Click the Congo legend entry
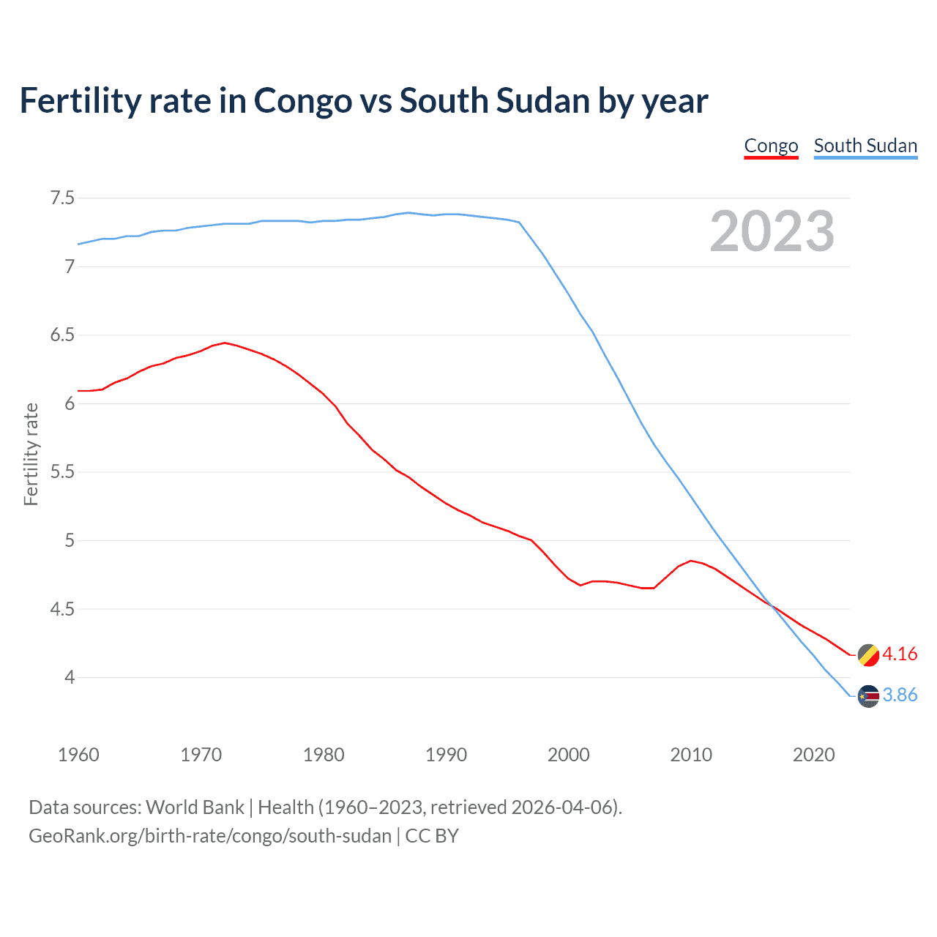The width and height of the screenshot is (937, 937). click(771, 146)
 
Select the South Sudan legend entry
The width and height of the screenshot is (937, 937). click(865, 146)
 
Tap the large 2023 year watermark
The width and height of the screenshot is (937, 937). click(772, 231)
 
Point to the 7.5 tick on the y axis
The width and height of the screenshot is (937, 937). click(62, 198)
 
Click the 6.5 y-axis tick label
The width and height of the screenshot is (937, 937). click(62, 335)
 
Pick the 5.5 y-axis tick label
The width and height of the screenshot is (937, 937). click(62, 472)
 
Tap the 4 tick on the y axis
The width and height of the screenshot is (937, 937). click(70, 678)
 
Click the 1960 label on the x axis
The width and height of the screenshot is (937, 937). click(78, 755)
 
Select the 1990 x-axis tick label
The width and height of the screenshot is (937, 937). click(446, 755)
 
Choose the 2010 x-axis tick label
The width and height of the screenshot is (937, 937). click(691, 755)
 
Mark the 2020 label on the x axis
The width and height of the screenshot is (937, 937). click(813, 755)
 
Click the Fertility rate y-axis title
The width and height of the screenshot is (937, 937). click(31, 454)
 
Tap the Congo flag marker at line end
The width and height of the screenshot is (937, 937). click(868, 655)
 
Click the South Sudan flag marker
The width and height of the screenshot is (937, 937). click(868, 696)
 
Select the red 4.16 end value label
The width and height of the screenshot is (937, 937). click(900, 654)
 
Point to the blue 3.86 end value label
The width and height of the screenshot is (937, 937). click(900, 695)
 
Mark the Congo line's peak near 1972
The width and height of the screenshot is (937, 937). click(225, 343)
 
